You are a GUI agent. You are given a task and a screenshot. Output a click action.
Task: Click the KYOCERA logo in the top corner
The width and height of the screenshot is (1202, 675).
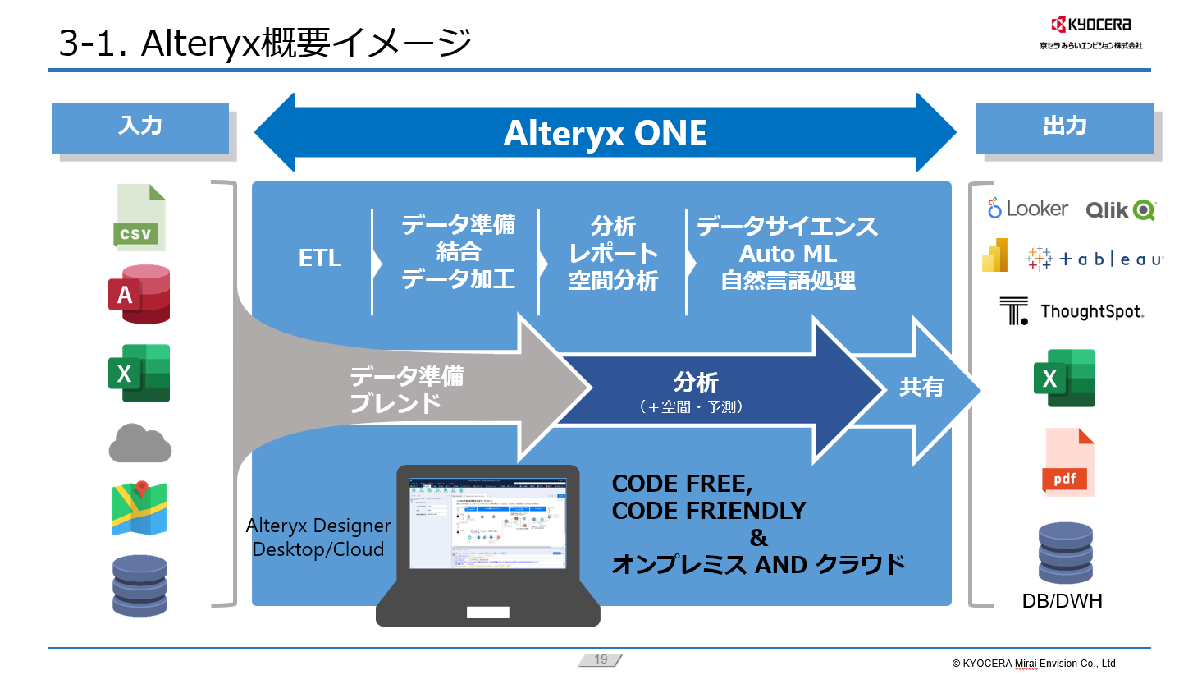[1090, 25]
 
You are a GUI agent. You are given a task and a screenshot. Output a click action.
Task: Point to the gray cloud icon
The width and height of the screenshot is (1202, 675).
[139, 444]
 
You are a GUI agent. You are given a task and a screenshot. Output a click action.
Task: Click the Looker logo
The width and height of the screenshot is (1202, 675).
[1027, 209]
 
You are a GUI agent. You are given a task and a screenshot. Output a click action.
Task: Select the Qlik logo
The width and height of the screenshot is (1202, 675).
[1120, 210]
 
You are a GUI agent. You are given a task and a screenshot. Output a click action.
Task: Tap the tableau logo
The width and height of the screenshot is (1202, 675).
[1095, 259]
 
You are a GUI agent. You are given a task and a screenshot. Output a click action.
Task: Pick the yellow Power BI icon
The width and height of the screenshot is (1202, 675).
[994, 255]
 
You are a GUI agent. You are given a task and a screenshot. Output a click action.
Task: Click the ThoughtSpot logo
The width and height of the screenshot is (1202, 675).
[1072, 311]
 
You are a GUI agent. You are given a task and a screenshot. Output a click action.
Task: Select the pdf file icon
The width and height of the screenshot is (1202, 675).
[1069, 462]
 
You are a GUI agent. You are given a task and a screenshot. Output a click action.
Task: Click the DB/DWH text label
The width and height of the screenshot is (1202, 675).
[1062, 601]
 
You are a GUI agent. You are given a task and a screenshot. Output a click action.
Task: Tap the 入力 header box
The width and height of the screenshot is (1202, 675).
[140, 127]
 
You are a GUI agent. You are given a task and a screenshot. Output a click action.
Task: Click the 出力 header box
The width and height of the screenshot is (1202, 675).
[1064, 127]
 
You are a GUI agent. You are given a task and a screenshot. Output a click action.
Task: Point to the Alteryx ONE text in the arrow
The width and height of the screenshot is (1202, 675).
[605, 133]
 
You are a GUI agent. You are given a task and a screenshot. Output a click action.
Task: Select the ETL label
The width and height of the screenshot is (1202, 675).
[320, 258]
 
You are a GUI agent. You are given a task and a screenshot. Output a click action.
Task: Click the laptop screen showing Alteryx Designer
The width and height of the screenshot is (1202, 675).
[487, 523]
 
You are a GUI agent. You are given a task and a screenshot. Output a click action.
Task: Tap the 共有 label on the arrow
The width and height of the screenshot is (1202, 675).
[921, 387]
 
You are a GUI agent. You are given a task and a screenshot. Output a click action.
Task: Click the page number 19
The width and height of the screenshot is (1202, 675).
[601, 659]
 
